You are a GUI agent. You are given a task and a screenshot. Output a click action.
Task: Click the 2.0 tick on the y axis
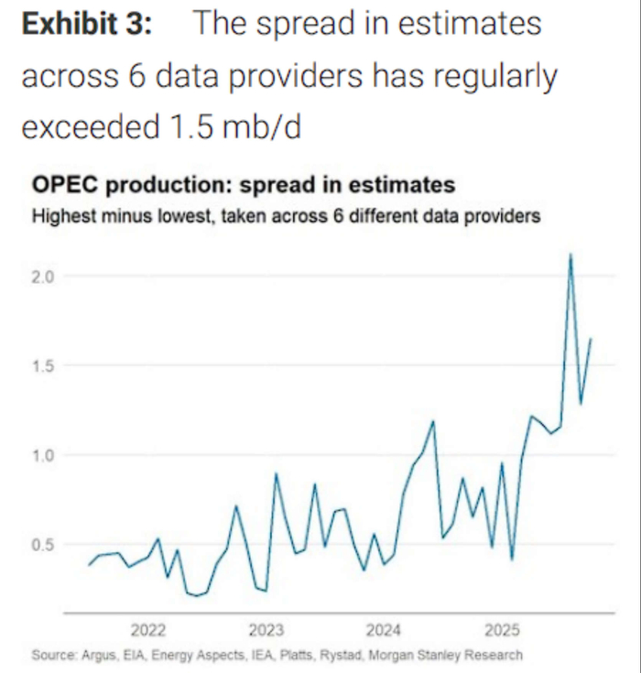tap(46, 277)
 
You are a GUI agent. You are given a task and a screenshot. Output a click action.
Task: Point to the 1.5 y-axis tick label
tap(46, 366)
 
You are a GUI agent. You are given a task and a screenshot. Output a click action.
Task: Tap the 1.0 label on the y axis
tap(46, 455)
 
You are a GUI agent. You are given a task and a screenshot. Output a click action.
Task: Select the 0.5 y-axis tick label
tap(46, 545)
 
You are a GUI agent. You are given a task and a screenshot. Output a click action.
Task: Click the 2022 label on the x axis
tap(147, 631)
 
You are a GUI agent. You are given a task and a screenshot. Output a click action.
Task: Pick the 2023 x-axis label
tap(266, 631)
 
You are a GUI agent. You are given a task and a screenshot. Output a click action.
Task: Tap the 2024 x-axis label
tap(384, 631)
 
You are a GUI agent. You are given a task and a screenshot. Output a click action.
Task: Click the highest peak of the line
tap(570, 255)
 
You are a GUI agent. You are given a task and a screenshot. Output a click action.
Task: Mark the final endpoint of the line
tap(592, 339)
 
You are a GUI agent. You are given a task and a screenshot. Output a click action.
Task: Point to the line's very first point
tap(89, 565)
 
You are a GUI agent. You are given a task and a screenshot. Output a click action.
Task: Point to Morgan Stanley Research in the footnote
tap(446, 655)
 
